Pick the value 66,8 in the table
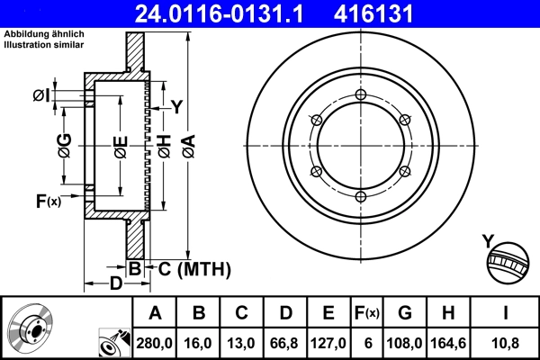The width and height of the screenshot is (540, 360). pyautogui.click(x=284, y=342)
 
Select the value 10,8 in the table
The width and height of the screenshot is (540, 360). pyautogui.click(x=508, y=342)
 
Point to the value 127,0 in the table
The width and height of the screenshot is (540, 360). pyautogui.click(x=328, y=342)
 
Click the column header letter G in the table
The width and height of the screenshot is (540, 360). pyautogui.click(x=406, y=313)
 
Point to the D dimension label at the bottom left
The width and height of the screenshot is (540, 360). pyautogui.click(x=116, y=284)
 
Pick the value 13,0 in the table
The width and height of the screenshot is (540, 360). pyautogui.click(x=241, y=342)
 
